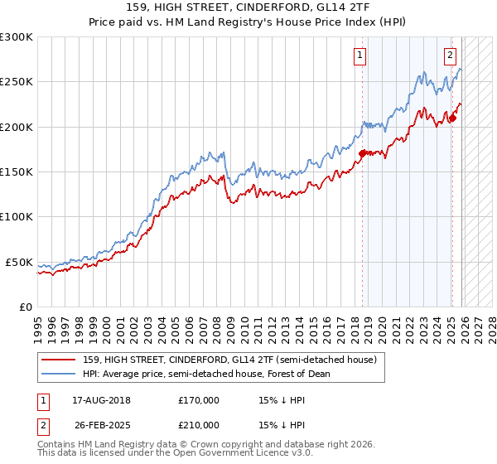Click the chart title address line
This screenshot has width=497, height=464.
click(x=248, y=7)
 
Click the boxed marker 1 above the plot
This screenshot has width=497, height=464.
click(x=361, y=56)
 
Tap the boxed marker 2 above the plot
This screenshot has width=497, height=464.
click(x=450, y=56)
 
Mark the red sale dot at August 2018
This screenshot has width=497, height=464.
click(x=363, y=152)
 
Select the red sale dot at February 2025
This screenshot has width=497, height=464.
click(x=453, y=118)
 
